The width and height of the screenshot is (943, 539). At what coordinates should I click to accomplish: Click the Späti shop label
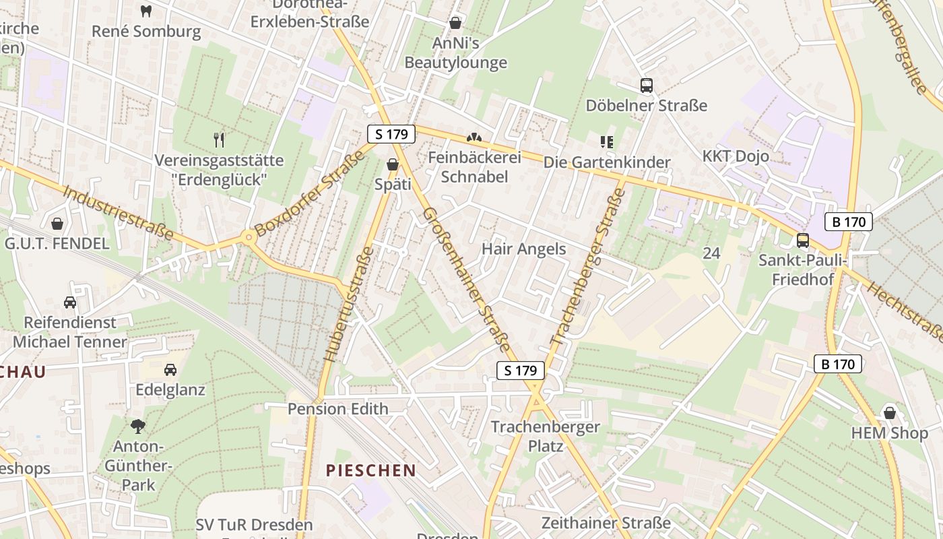392,183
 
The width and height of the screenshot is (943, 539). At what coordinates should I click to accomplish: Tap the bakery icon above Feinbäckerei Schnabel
474,137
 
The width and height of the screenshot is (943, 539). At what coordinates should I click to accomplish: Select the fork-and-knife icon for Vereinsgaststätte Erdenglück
219,140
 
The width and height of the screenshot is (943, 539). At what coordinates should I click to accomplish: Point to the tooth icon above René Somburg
146,11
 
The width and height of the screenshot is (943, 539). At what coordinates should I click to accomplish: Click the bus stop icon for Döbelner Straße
646,86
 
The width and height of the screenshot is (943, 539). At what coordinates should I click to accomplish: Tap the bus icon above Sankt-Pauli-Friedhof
802,240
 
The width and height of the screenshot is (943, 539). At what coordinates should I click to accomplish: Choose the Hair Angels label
523,249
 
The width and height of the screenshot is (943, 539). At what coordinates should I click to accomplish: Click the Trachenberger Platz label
545,436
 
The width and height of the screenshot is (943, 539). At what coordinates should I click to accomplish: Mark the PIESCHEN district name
370,470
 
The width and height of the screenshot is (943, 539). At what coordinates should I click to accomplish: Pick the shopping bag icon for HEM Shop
889,413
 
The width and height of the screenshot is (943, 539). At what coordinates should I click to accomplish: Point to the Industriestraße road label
117,213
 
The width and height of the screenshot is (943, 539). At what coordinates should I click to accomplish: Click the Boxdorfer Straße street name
310,193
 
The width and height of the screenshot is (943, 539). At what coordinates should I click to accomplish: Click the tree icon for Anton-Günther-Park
138,426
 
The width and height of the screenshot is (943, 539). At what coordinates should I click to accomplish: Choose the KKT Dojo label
736,156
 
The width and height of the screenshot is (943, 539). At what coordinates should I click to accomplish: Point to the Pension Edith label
337,409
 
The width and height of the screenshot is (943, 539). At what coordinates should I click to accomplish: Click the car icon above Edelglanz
170,370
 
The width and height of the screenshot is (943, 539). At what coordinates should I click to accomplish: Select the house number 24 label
711,253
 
